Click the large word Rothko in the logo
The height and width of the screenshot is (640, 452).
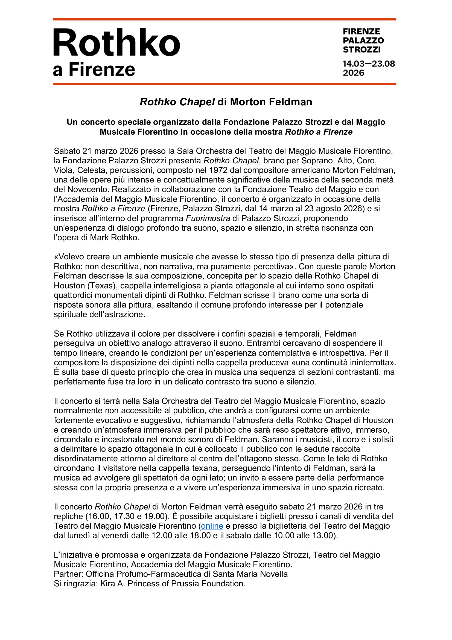tap(116, 43)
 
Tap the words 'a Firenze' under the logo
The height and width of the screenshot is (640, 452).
tap(94, 69)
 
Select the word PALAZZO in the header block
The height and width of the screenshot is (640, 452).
tap(363, 40)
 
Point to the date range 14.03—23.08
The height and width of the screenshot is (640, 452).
tap(369, 64)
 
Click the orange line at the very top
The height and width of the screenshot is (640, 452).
tap(224, 19)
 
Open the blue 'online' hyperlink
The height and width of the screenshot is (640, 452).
tap(212, 526)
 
